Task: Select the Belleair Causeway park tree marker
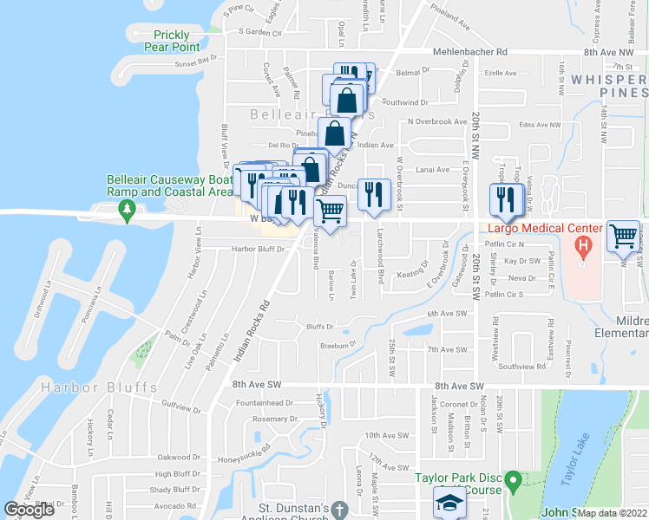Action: pos(127,208)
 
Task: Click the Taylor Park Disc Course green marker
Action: pos(514,479)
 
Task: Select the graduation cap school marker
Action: pos(449,502)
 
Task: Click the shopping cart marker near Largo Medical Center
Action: pos(623,236)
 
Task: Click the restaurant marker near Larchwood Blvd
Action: pos(373,192)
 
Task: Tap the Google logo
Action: pos(29,510)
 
